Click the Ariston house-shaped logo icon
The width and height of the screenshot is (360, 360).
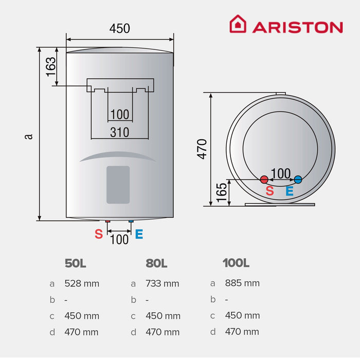[x=238, y=24]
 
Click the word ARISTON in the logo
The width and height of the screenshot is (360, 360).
[x=297, y=27]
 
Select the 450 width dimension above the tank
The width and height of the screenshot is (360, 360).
[x=119, y=29]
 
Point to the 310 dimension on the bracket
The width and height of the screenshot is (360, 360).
[x=119, y=132]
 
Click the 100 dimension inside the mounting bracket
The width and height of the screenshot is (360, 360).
[x=119, y=114]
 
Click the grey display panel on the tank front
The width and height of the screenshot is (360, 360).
[x=118, y=184]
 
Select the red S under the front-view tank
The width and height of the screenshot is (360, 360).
[x=99, y=235]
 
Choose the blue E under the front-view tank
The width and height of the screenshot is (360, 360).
[x=139, y=235]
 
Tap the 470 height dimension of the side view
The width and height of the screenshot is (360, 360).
[x=202, y=149]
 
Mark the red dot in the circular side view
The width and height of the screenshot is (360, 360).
[x=264, y=179]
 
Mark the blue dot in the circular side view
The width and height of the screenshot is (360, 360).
[x=298, y=179]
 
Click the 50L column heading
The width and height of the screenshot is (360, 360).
[x=76, y=263]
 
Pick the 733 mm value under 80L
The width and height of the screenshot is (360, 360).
[x=162, y=283]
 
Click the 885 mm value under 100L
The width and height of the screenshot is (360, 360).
[x=242, y=283]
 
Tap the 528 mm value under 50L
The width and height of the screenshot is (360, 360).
[x=82, y=283]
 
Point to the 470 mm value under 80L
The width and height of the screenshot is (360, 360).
[x=163, y=332]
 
